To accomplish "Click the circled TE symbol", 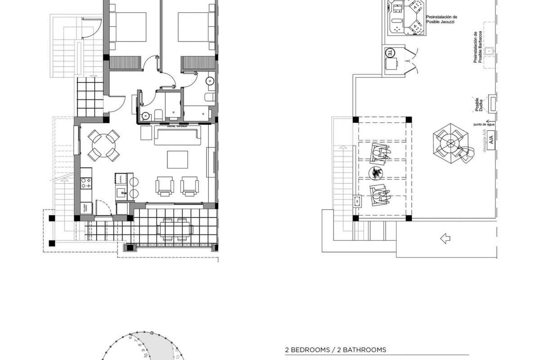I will [x=390, y=53].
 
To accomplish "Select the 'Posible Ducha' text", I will [x=479, y=104].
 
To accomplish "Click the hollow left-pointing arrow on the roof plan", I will [x=445, y=238].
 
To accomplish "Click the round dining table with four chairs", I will [x=103, y=145].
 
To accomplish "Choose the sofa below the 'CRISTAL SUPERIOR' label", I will [x=177, y=136].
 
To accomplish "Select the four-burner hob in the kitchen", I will [x=86, y=183].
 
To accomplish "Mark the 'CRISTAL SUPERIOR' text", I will [x=177, y=126].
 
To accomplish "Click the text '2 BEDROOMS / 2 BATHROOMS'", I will [x=335, y=350].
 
